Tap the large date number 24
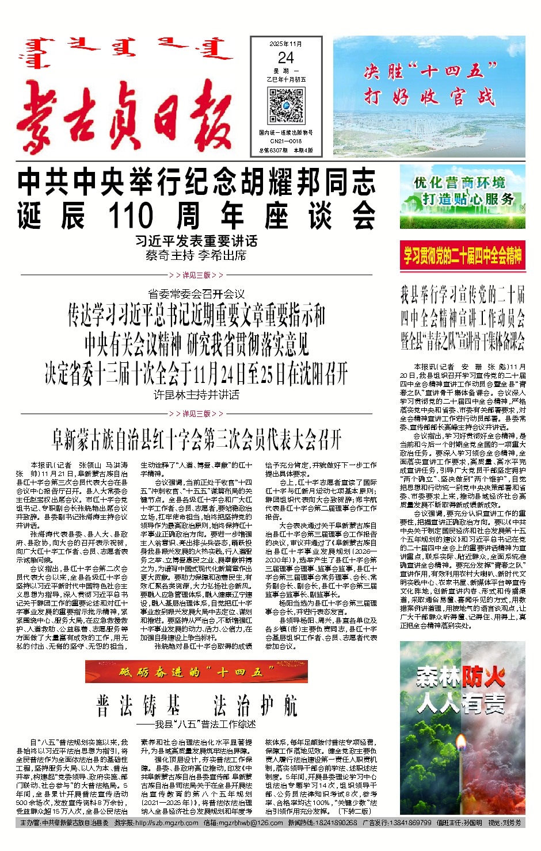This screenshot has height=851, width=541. click(285, 58)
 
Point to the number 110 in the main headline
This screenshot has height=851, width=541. click(131, 216)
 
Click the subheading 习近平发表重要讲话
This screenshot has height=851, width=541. click(196, 241)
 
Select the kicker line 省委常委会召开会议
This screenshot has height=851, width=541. click(196, 294)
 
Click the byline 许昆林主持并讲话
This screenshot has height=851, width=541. click(196, 395)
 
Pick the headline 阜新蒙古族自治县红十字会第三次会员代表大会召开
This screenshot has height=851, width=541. click(196, 440)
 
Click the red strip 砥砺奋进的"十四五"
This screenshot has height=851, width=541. click(196, 672)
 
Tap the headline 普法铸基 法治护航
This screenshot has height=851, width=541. click(196, 706)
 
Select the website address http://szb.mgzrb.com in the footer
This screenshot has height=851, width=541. click(167, 823)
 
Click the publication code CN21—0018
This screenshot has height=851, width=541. click(286, 141)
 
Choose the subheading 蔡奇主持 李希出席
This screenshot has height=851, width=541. click(196, 255)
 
